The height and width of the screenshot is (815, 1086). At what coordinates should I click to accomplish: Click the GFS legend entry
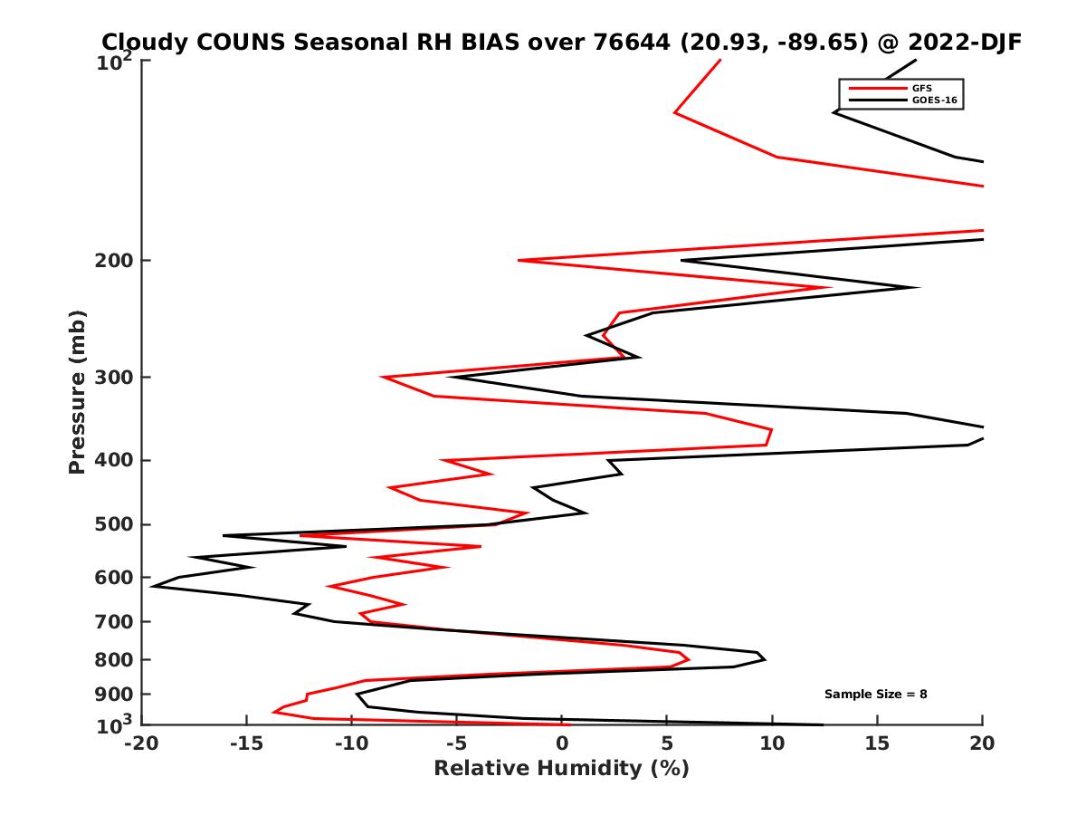pyautogui.click(x=922, y=88)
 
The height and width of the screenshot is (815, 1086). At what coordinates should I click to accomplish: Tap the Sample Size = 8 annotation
pyautogui.click(x=875, y=695)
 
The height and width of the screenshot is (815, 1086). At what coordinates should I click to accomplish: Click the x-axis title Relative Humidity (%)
pyautogui.click(x=561, y=769)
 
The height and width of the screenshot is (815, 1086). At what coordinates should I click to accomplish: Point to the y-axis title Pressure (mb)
pyautogui.click(x=77, y=391)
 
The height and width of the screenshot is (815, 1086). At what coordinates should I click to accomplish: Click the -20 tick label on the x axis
pyautogui.click(x=140, y=744)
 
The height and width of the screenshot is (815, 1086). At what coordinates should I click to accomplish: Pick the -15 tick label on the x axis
pyautogui.click(x=245, y=744)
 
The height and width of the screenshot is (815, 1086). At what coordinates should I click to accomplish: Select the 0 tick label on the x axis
pyautogui.click(x=561, y=744)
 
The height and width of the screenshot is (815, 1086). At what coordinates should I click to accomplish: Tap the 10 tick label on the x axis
pyautogui.click(x=772, y=744)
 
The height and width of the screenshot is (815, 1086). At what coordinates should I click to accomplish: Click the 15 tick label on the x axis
pyautogui.click(x=877, y=744)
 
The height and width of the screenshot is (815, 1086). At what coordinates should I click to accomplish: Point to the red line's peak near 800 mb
pyautogui.click(x=689, y=659)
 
